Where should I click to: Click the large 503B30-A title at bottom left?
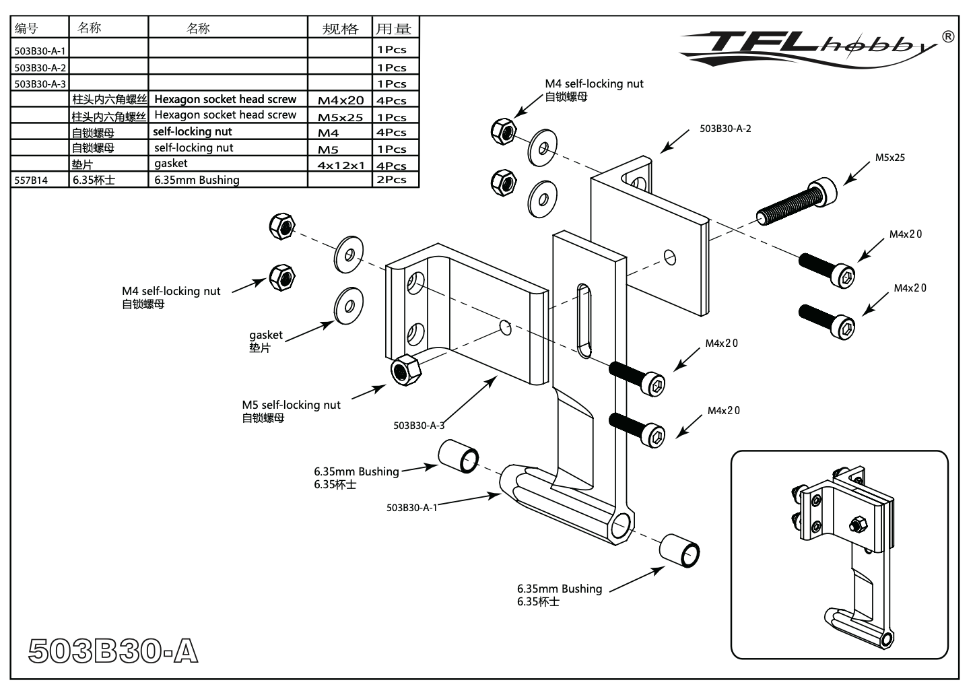coord(113,651)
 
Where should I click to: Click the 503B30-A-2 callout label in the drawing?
coord(725,129)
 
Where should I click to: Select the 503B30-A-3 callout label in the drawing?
coord(419,426)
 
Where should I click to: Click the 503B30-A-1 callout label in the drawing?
coord(411,508)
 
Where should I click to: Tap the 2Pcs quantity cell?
coord(395,180)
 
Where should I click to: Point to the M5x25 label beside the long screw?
coord(889,158)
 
